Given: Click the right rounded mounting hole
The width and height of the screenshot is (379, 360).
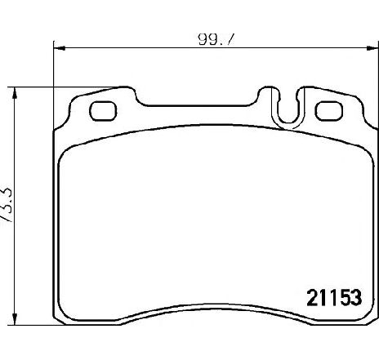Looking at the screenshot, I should point(329,109).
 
